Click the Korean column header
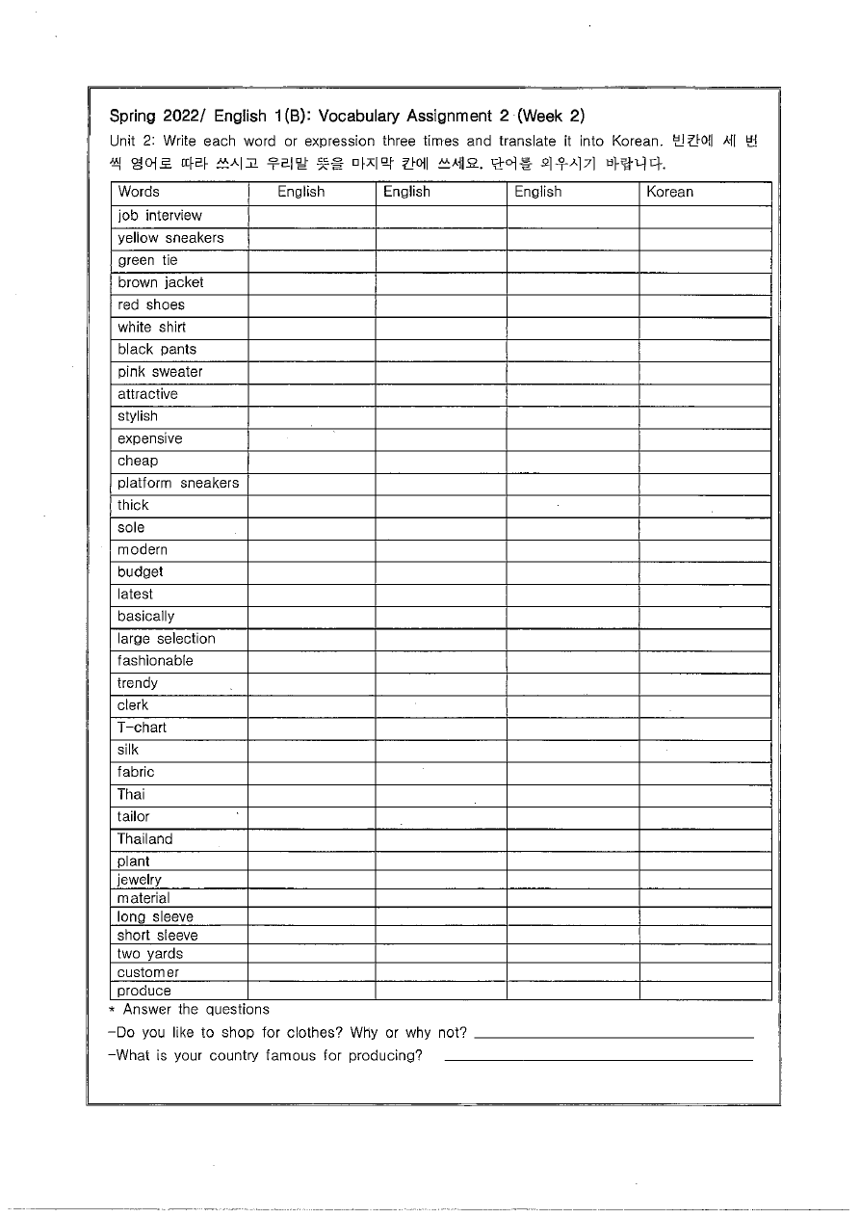669,192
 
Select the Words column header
139,192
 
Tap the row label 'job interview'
160,216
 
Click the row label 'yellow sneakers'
170,238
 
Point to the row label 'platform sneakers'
178,483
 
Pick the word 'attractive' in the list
147,394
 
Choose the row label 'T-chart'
142,728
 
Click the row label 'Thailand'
144,839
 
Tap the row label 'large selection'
167,639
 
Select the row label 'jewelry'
140,880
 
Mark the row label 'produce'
144,991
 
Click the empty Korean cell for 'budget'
705,572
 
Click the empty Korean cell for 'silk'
705,750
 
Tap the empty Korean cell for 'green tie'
705,260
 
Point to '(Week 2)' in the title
551,117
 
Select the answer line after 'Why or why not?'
614,1036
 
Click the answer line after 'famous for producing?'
598,1058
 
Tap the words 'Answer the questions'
196,1010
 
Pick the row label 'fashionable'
155,661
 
